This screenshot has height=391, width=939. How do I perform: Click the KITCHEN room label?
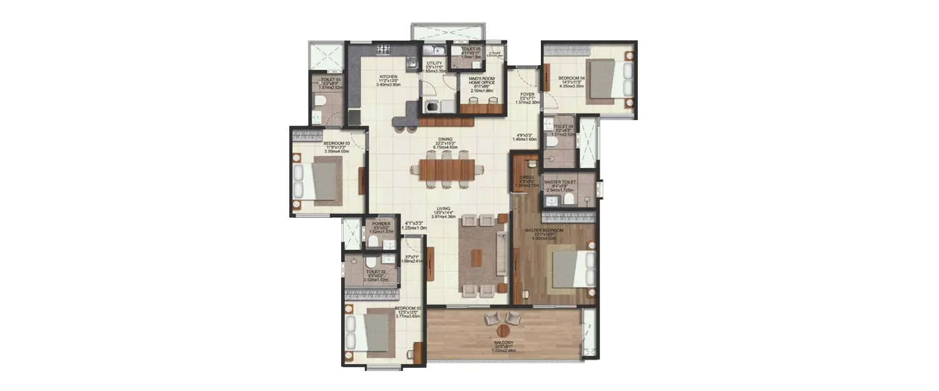pos(388,78)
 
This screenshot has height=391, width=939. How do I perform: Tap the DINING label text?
pos(445,140)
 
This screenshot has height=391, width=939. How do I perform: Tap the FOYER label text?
pos(526,95)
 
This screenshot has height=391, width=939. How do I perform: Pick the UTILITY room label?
pos(434,63)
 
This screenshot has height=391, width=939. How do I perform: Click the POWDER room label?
pos(381,224)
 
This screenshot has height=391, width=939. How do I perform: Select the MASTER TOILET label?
pos(560,183)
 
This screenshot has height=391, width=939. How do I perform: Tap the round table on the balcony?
pos(503,330)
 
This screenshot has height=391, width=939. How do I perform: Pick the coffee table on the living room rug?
pos(478,257)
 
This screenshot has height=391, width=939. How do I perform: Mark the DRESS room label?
pos(526,178)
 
